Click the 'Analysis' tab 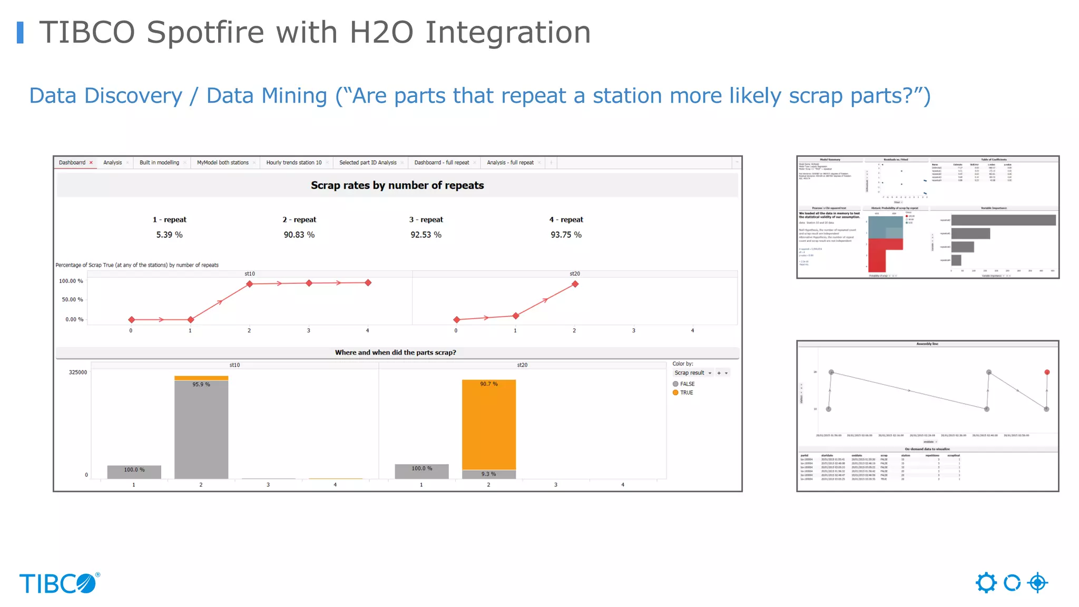113,163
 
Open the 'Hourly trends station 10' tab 293,163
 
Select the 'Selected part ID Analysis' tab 368,163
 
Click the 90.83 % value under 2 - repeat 299,235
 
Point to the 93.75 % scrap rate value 566,235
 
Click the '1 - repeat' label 169,220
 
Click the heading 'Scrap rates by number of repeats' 397,185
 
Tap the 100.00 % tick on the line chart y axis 71,281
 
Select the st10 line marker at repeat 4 368,283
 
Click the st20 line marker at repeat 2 575,284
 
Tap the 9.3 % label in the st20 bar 488,474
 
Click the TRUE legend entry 686,393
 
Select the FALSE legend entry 686,384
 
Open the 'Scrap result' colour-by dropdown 693,373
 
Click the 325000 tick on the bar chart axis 78,373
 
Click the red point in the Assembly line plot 1047,373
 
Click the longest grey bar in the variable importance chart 1003,220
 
